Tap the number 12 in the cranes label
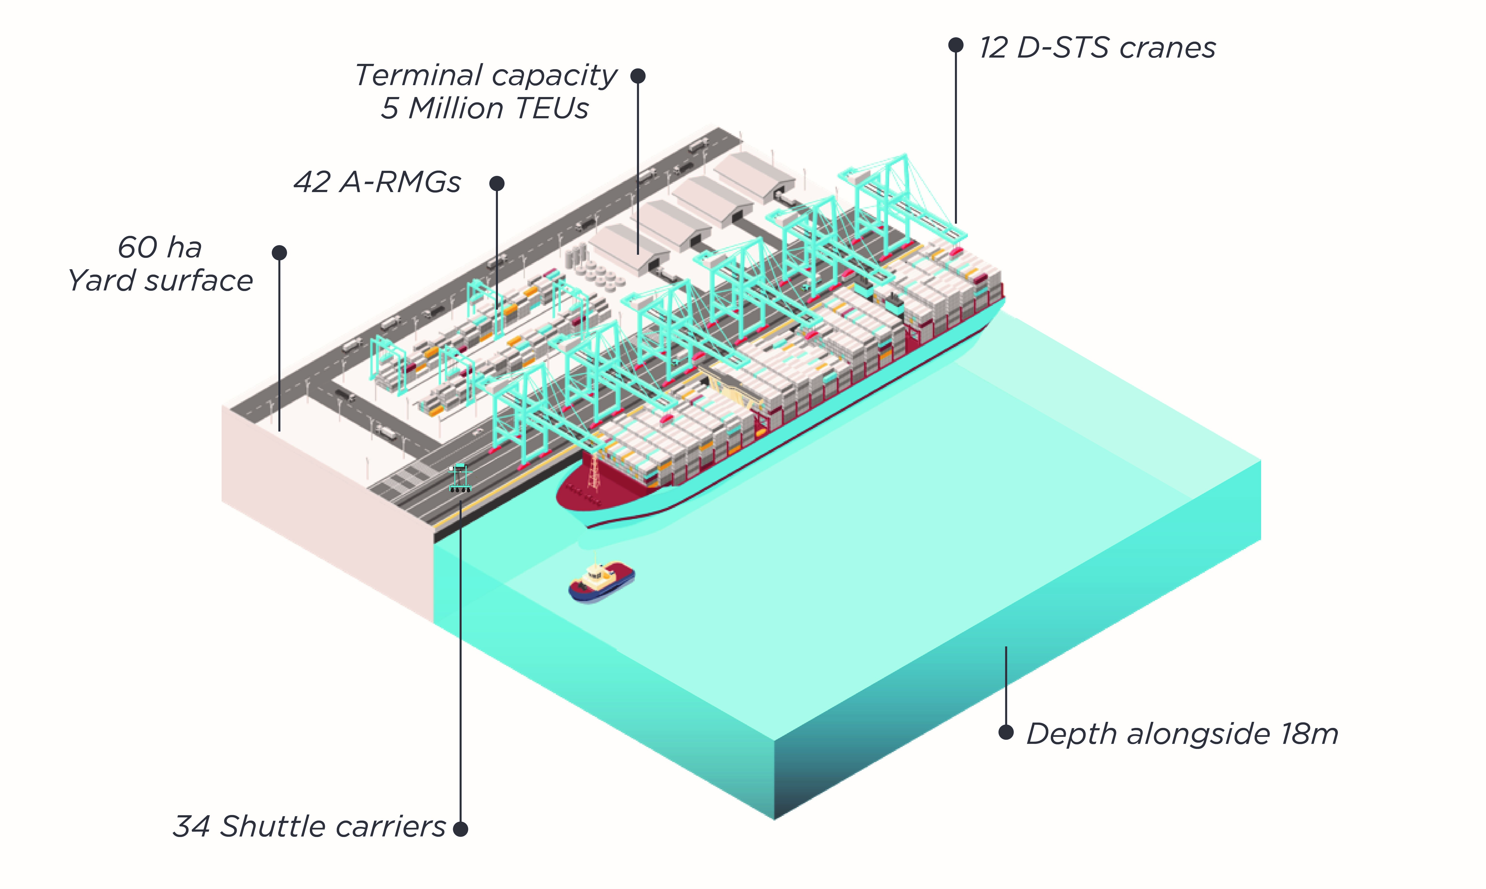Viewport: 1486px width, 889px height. (x=993, y=48)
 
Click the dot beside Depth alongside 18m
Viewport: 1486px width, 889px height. (x=1006, y=732)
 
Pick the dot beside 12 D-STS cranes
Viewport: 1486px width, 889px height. (x=955, y=45)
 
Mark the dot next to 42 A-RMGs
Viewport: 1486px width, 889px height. (x=497, y=183)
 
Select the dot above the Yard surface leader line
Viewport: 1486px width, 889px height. (x=279, y=253)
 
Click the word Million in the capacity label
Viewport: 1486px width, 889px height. (x=456, y=108)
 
